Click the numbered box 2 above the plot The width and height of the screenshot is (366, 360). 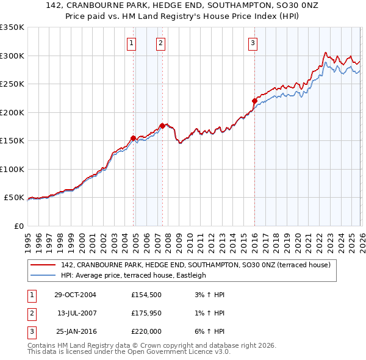160,43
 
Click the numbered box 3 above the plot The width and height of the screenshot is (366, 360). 253,43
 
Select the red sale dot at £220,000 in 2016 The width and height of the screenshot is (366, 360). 254,101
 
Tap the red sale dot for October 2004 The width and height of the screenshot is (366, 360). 133,138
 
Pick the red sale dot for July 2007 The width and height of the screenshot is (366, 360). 162,126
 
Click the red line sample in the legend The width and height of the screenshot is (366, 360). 43,265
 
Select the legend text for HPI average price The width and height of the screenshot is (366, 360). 134,275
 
